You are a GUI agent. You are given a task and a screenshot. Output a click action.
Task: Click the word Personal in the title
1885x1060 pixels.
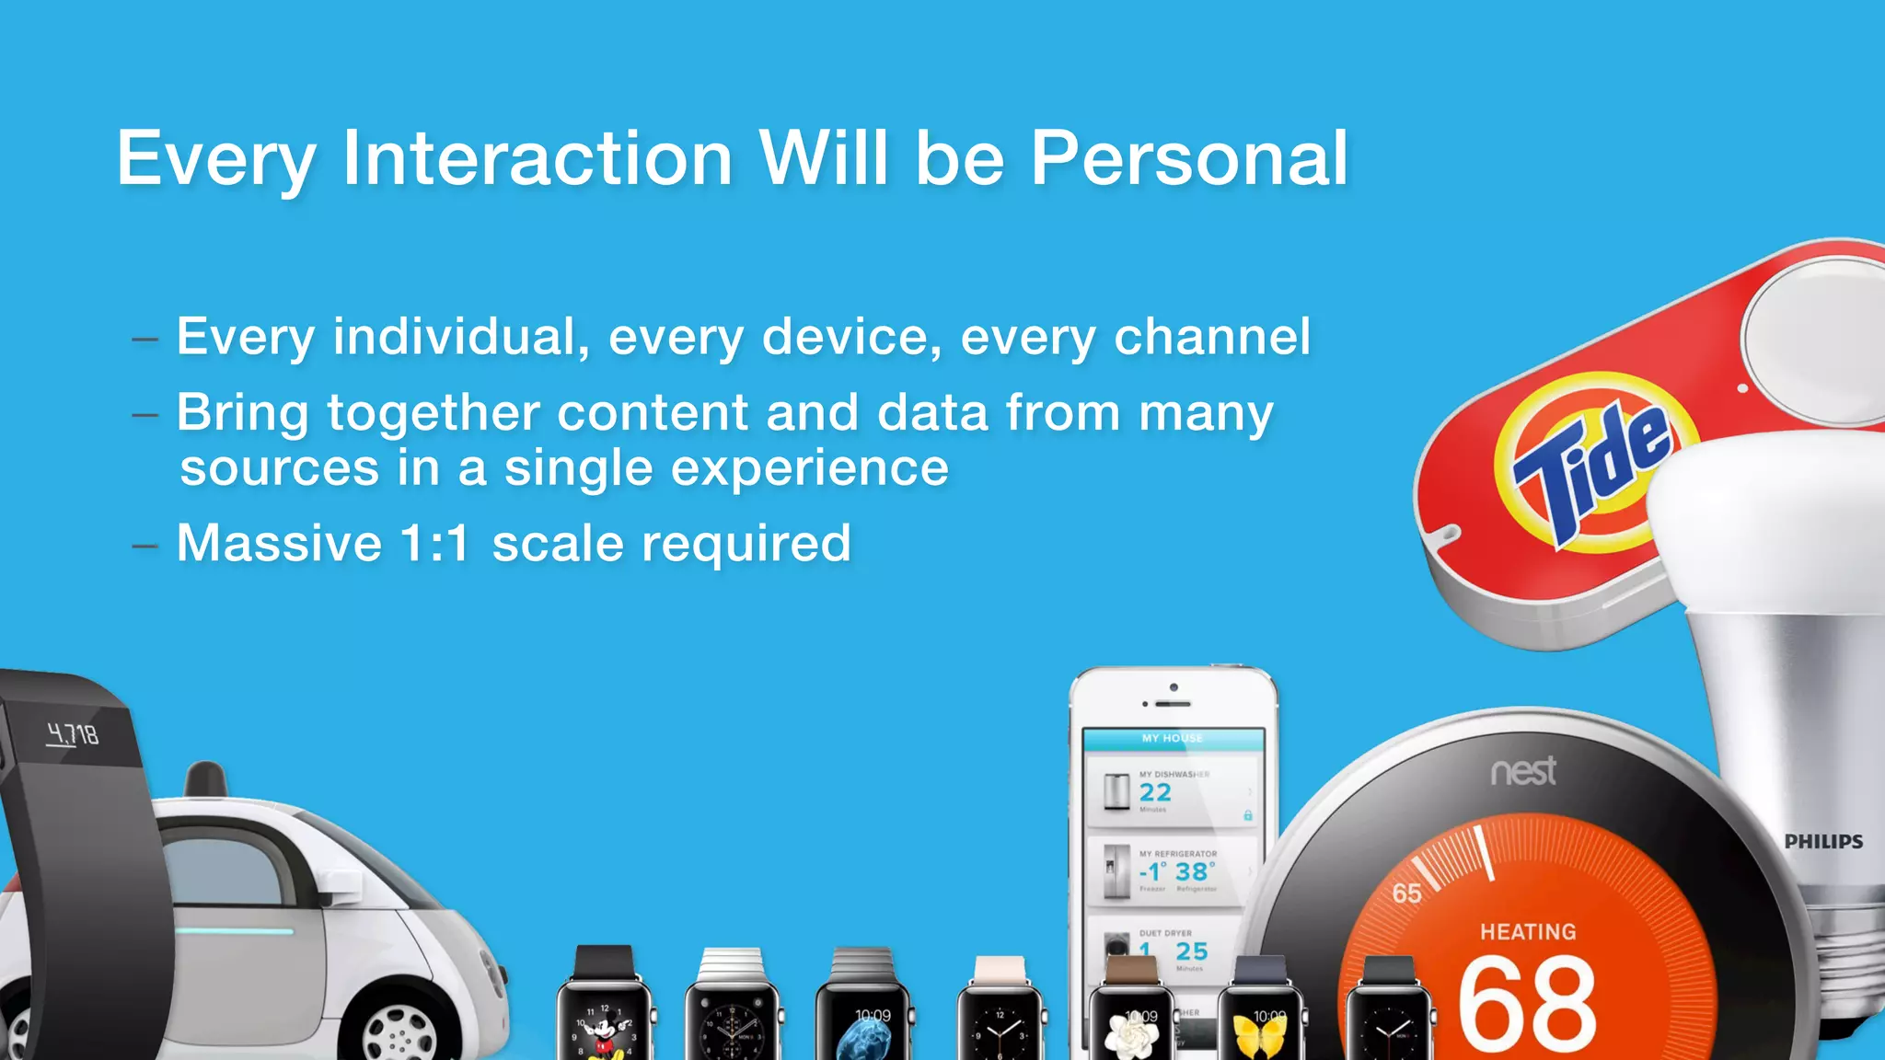pyautogui.click(x=1188, y=158)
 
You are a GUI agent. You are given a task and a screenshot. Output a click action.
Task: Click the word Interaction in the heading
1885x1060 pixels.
pyautogui.click(x=537, y=158)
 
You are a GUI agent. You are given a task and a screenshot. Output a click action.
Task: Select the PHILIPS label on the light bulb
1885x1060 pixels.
pyautogui.click(x=1822, y=841)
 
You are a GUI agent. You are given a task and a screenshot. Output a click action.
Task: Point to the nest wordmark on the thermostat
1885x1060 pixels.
pyautogui.click(x=1523, y=771)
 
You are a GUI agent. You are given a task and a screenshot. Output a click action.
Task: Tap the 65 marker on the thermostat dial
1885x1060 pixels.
pyautogui.click(x=1405, y=893)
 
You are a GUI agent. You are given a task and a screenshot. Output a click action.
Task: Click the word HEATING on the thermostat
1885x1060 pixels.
pyautogui.click(x=1528, y=931)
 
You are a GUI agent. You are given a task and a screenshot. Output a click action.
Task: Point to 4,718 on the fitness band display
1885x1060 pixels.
pyautogui.click(x=73, y=734)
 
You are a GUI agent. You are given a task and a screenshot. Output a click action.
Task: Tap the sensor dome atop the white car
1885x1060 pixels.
pyautogui.click(x=205, y=778)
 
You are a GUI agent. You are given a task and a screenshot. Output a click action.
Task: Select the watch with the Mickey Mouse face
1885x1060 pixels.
pyautogui.click(x=604, y=1021)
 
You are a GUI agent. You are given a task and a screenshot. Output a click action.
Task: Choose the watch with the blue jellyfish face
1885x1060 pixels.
pyautogui.click(x=863, y=1026)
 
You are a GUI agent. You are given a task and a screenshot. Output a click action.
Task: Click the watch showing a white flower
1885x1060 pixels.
pyautogui.click(x=1130, y=1026)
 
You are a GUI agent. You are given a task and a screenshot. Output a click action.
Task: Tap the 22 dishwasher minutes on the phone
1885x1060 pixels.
pyautogui.click(x=1155, y=792)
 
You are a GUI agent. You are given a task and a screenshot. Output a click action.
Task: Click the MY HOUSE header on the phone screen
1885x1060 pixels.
pyautogui.click(x=1172, y=738)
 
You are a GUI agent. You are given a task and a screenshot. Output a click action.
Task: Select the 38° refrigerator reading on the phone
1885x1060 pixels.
pyautogui.click(x=1194, y=871)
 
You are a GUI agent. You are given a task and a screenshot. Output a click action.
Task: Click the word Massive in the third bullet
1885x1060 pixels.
pyautogui.click(x=278, y=543)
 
